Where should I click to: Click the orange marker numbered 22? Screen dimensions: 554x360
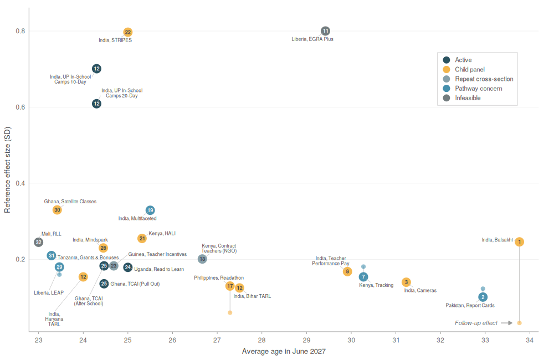pyautogui.click(x=127, y=32)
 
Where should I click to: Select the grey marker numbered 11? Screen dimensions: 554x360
pyautogui.click(x=325, y=31)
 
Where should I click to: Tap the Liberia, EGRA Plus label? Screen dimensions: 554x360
pyautogui.click(x=312, y=39)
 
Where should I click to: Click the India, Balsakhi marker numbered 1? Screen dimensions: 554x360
pyautogui.click(x=519, y=242)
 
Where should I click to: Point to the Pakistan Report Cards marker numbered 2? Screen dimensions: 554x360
pyautogui.click(x=483, y=297)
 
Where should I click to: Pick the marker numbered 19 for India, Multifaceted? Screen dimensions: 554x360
pyautogui.click(x=150, y=210)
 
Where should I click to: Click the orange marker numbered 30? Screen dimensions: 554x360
pyautogui.click(x=57, y=210)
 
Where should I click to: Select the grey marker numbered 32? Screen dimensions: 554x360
pyautogui.click(x=39, y=243)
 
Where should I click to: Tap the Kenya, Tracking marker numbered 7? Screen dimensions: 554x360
pyautogui.click(x=363, y=277)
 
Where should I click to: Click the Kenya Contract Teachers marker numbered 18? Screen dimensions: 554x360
pyautogui.click(x=202, y=259)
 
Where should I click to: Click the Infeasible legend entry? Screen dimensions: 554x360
pyautogui.click(x=462, y=98)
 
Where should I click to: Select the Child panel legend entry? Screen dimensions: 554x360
pyautogui.click(x=464, y=70)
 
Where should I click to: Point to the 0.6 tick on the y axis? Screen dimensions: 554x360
pyautogui.click(x=20, y=107)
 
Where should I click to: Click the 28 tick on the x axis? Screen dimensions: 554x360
pyautogui.click(x=262, y=340)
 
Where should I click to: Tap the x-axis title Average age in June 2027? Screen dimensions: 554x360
pyautogui.click(x=284, y=352)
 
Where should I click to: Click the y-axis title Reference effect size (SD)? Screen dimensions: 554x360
pyautogui.click(x=7, y=170)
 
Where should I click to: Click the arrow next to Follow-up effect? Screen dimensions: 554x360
pyautogui.click(x=507, y=323)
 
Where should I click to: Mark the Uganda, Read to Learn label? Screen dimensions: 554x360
pyautogui.click(x=159, y=269)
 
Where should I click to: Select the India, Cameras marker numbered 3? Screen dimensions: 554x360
pyautogui.click(x=406, y=282)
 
